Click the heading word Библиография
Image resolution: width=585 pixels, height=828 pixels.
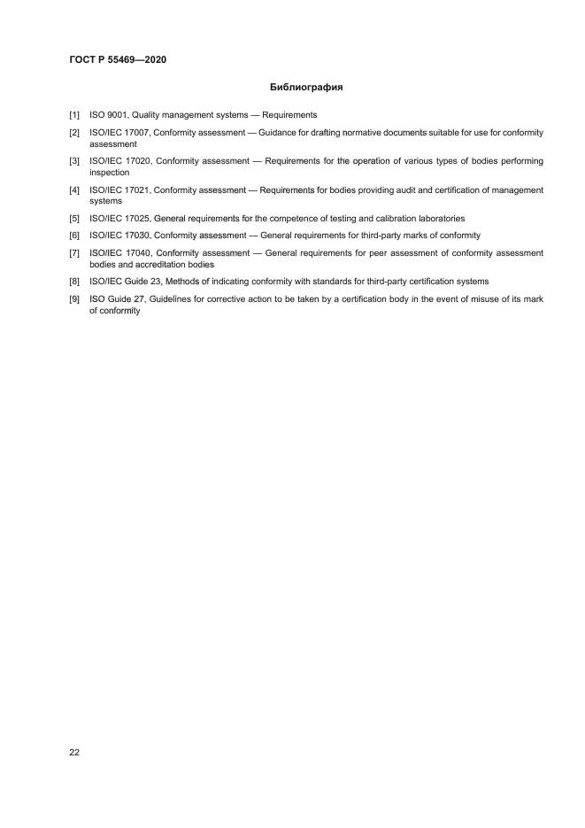pyautogui.click(x=306, y=88)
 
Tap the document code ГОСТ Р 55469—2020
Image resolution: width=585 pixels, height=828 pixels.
pyautogui.click(x=118, y=59)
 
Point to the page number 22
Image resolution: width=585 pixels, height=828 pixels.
pyautogui.click(x=73, y=752)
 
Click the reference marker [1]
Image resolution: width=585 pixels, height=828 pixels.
pyautogui.click(x=74, y=115)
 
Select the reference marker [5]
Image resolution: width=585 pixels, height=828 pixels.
pyautogui.click(x=74, y=218)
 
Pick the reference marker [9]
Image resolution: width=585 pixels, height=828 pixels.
pyautogui.click(x=74, y=299)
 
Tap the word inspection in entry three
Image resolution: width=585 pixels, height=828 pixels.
pyautogui.click(x=109, y=173)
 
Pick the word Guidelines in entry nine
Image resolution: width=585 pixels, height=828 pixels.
pyautogui.click(x=172, y=299)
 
